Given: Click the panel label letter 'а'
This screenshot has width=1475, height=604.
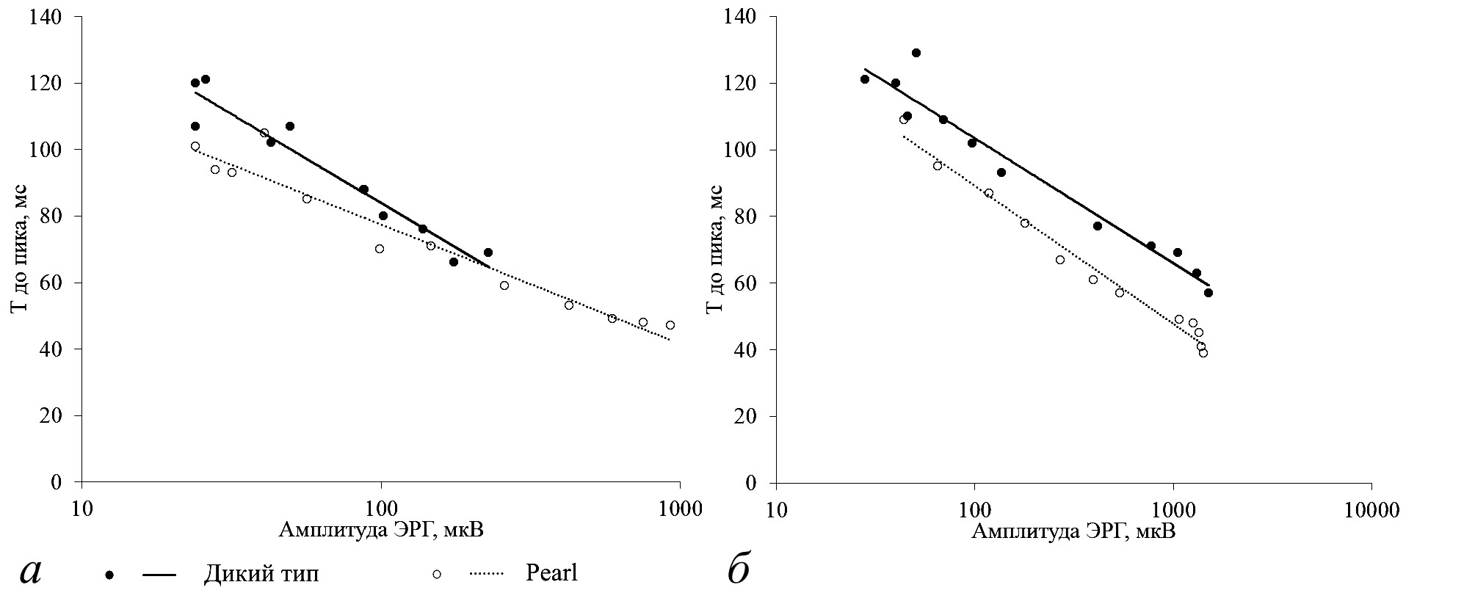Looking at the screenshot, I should click(x=31, y=572).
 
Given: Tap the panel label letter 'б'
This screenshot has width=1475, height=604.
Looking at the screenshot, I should click(x=739, y=571).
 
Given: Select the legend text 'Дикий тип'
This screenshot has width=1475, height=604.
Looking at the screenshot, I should click(x=261, y=574).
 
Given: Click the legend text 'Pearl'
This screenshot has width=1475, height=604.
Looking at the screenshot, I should click(x=552, y=573).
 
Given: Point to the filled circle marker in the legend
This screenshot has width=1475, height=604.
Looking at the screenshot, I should click(x=110, y=575).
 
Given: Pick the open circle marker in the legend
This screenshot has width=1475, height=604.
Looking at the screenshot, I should click(x=437, y=575).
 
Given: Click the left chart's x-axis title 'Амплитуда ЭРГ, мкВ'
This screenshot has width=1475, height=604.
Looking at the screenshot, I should click(x=381, y=530).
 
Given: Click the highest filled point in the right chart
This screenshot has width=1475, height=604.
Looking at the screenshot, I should click(x=916, y=53).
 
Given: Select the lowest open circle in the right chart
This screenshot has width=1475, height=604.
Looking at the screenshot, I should click(x=1203, y=353).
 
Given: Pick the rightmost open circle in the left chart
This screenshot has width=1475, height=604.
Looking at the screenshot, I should click(x=670, y=325).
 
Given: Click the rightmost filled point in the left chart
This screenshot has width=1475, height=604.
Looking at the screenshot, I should click(x=488, y=252).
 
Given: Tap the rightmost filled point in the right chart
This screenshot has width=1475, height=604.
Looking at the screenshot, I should click(x=1208, y=293).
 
